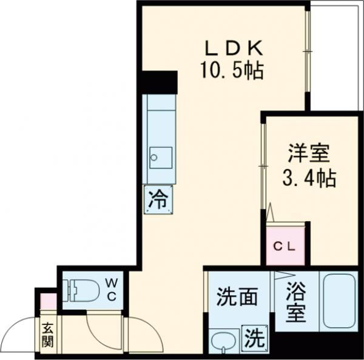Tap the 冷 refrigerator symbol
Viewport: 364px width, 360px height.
(x=157, y=199)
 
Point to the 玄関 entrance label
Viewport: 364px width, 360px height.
(x=48, y=334)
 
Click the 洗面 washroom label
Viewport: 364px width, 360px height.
(x=238, y=297)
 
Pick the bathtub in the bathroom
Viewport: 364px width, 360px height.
(x=338, y=301)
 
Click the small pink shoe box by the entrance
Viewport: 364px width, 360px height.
(x=47, y=301)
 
